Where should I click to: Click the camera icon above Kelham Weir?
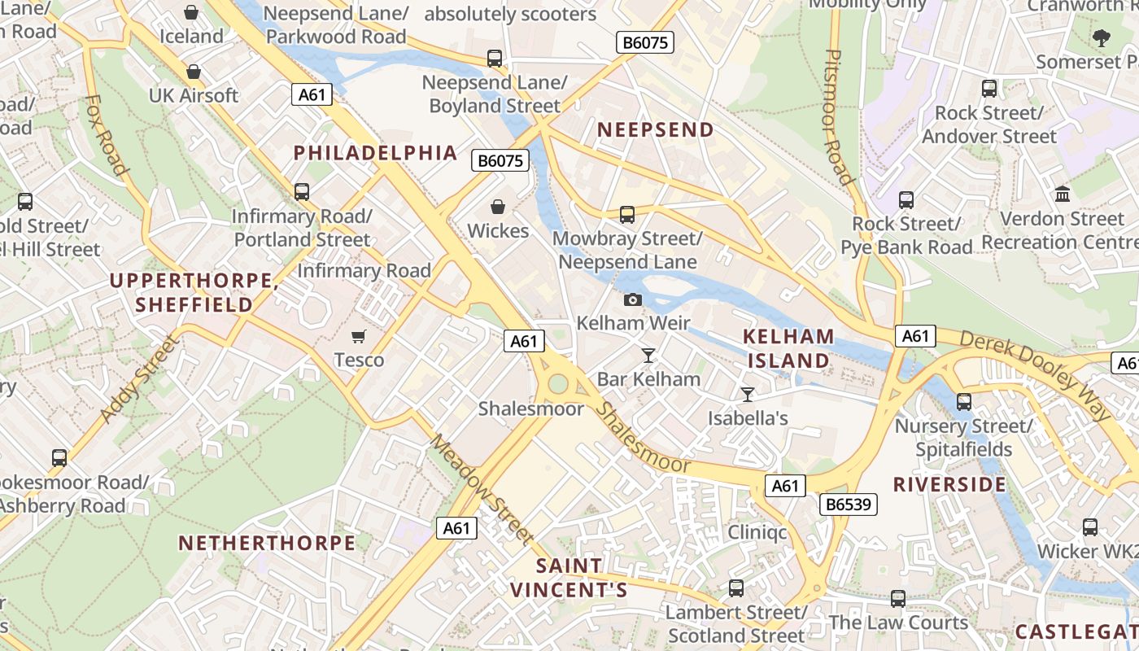pyautogui.click(x=633, y=299)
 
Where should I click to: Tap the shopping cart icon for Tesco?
pyautogui.click(x=359, y=336)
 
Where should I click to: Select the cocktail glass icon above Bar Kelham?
pyautogui.click(x=648, y=355)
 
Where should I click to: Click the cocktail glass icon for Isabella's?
pyautogui.click(x=748, y=395)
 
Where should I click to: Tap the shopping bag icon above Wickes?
pyautogui.click(x=498, y=208)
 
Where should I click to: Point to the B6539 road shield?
pyautogui.click(x=848, y=505)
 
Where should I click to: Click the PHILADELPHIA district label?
pyautogui.click(x=375, y=152)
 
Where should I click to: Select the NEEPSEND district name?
pyautogui.click(x=656, y=129)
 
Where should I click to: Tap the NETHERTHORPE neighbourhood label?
pyautogui.click(x=267, y=543)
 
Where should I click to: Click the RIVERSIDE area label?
pyautogui.click(x=949, y=485)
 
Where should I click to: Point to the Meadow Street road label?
pyautogui.click(x=482, y=488)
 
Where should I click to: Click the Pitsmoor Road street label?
pyautogui.click(x=839, y=116)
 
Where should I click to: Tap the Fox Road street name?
pyautogui.click(x=107, y=135)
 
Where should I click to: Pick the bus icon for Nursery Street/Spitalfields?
pyautogui.click(x=964, y=401)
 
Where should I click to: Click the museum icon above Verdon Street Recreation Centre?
pyautogui.click(x=1062, y=194)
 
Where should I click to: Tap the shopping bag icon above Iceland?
pyautogui.click(x=191, y=12)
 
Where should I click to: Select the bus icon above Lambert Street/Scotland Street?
pyautogui.click(x=736, y=588)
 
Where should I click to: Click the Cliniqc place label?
pyautogui.click(x=757, y=532)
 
